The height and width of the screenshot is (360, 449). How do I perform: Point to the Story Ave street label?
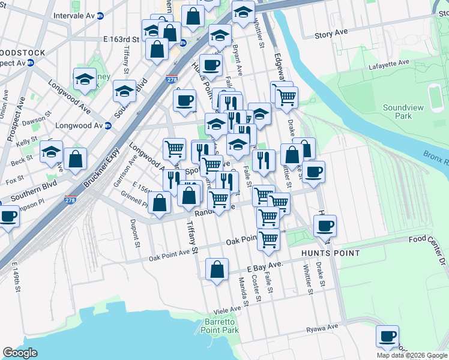(331, 34)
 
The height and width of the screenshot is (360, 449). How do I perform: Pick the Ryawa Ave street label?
(322, 328)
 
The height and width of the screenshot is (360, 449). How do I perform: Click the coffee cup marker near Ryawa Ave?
(388, 336)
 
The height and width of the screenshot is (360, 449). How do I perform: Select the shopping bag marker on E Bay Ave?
(217, 269)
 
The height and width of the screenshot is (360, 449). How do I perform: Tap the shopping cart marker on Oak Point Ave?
(268, 239)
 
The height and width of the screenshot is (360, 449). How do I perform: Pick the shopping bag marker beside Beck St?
(76, 160)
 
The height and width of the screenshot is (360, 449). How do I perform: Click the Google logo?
(20, 353)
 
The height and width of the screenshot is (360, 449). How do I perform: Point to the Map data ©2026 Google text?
(411, 355)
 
